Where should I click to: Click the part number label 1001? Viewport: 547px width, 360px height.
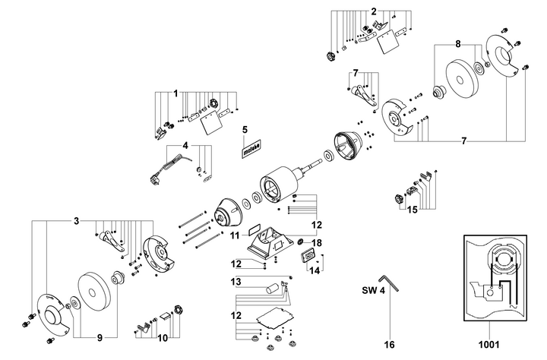tap(489, 345)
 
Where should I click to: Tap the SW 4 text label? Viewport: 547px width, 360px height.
tap(373, 290)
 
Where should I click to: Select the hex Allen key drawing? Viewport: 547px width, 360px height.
tap(390, 282)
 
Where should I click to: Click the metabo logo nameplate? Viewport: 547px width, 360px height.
tap(251, 150)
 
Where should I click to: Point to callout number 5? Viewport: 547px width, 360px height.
tap(245, 130)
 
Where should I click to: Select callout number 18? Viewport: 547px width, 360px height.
tap(317, 243)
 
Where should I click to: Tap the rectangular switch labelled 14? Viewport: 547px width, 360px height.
tap(308, 257)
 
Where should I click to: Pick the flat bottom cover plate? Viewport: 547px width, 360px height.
tap(276, 318)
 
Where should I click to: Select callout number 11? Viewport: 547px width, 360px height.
tap(235, 235)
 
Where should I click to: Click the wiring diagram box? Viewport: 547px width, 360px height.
tap(495, 278)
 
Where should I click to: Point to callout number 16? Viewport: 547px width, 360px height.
tap(389, 345)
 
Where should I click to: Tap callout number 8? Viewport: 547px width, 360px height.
tap(458, 44)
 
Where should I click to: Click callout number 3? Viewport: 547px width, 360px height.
tap(77, 221)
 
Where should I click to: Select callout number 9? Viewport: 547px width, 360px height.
tap(100, 338)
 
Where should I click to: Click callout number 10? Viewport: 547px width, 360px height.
tap(163, 338)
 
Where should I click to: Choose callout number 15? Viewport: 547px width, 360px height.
tap(413, 210)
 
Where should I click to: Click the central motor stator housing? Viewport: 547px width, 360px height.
tap(279, 183)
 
